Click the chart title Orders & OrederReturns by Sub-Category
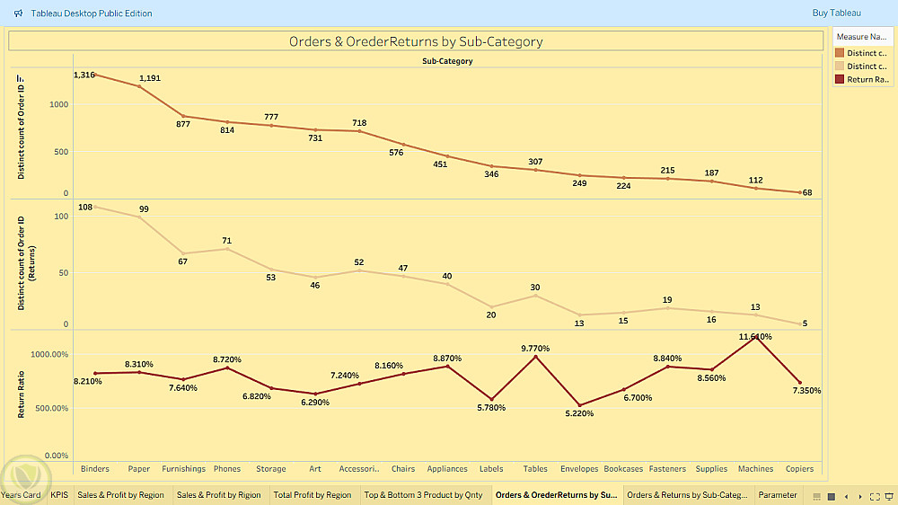pos(416,41)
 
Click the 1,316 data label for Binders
pos(84,75)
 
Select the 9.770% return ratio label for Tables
pos(535,349)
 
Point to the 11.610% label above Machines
pos(754,337)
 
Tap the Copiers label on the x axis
pos(799,469)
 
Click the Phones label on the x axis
pos(227,469)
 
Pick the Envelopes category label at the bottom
pos(579,469)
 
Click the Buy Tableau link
pos(836,13)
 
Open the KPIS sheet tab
pos(59,495)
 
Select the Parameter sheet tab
pos(778,495)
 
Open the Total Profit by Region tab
pos(313,495)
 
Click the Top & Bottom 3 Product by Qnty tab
pos(423,495)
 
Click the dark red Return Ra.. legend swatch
pos(840,80)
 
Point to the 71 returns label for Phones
pos(227,241)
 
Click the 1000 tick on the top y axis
pos(58,105)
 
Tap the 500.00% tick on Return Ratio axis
pos(50,408)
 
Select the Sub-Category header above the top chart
pos(447,61)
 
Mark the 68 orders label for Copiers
pos(807,192)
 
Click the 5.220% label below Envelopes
pos(579,414)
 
